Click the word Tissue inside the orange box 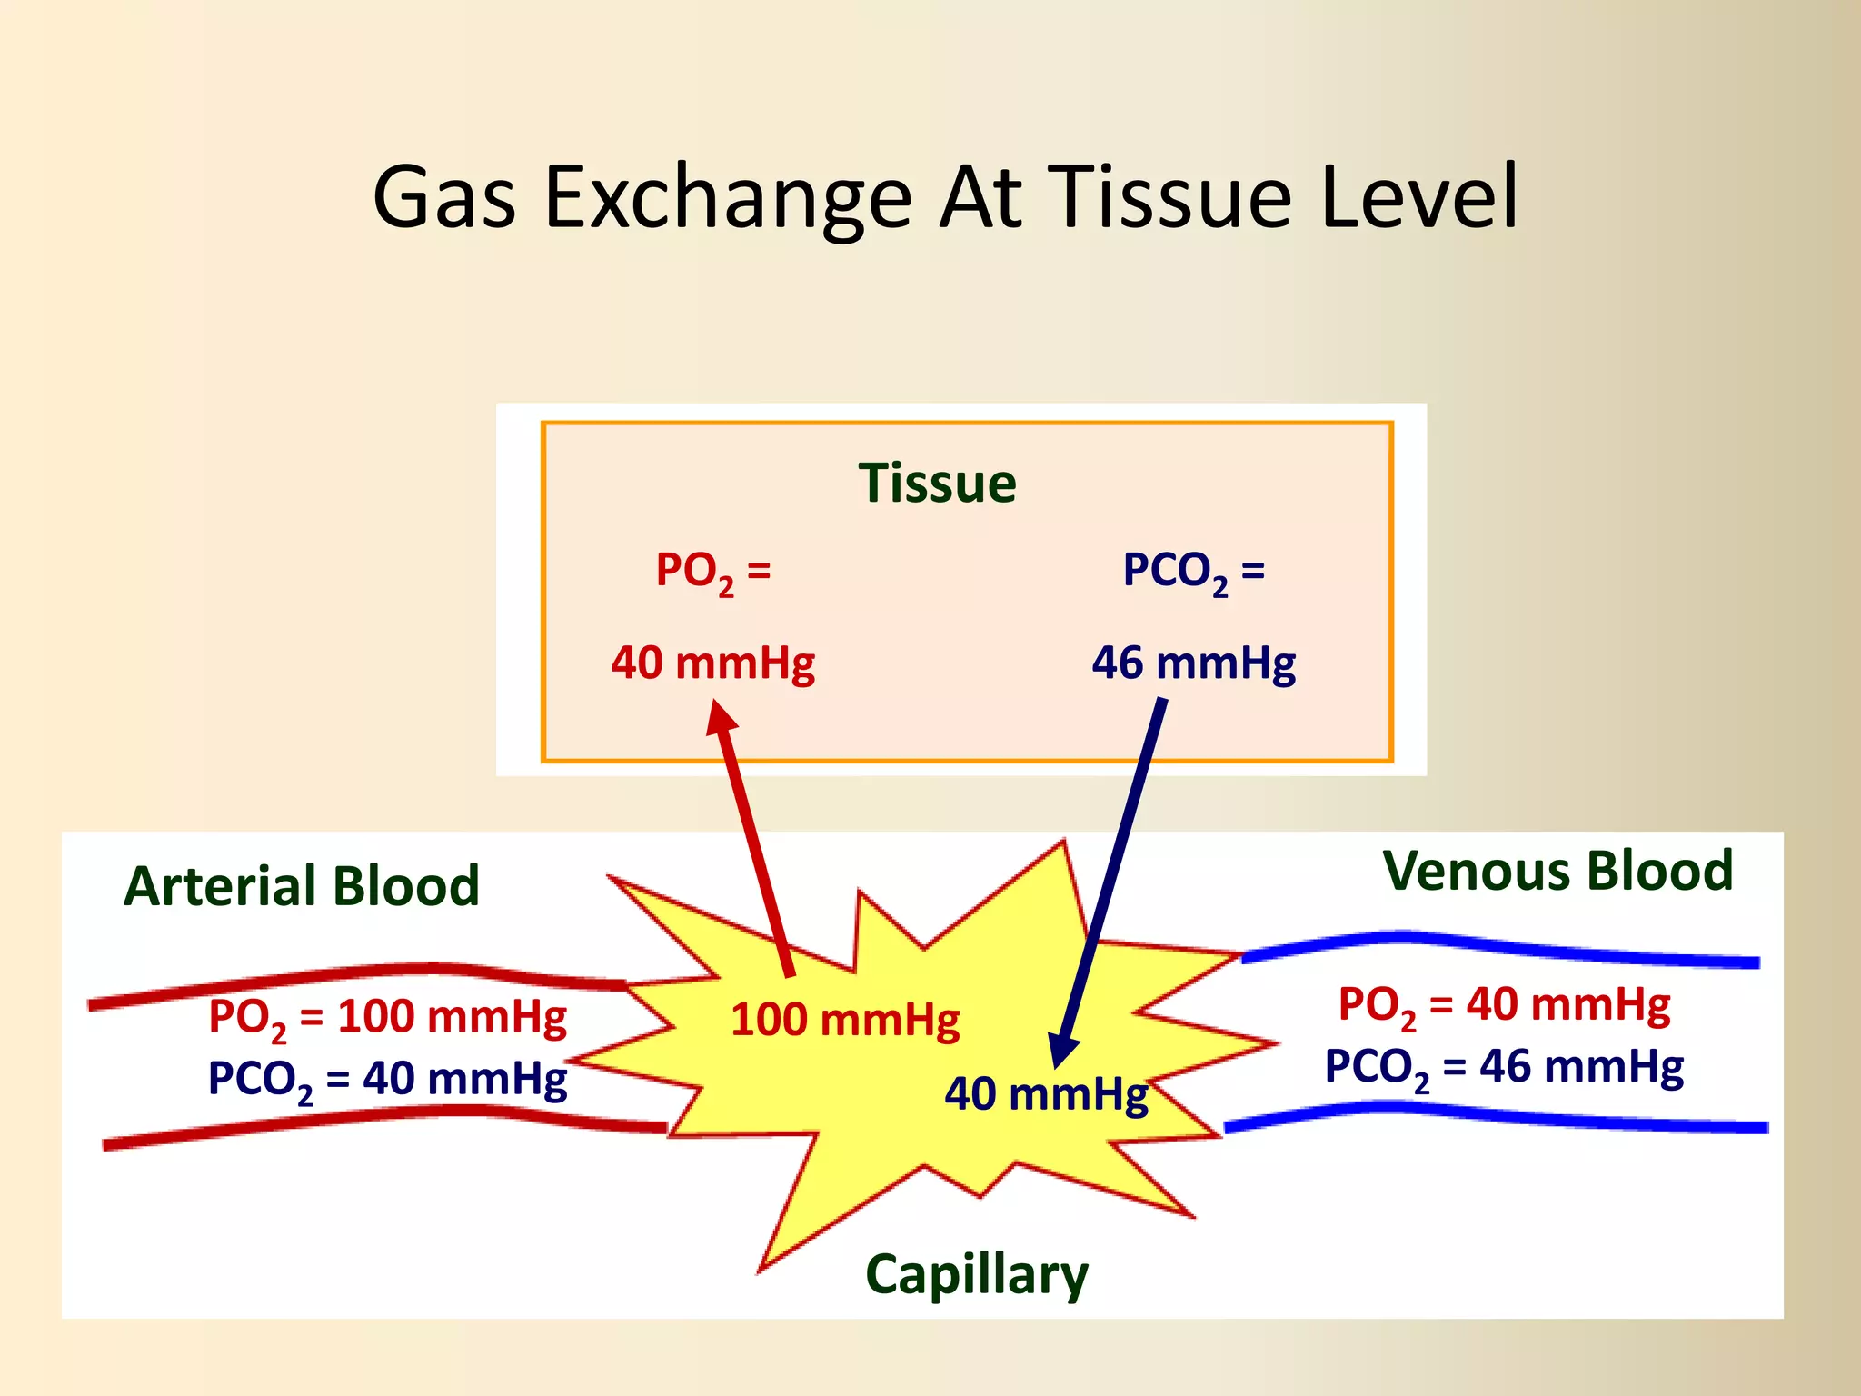click(937, 483)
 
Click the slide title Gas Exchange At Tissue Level click(945, 197)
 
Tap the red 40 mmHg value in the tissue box click(712, 663)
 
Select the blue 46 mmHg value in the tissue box click(1193, 663)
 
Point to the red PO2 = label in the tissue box click(712, 573)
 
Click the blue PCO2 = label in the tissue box click(1193, 573)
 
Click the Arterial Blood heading click(302, 886)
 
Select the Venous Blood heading click(1557, 871)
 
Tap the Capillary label click(977, 1274)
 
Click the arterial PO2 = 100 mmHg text click(387, 1017)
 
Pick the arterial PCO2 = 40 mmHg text click(387, 1080)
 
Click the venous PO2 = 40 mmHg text click(1504, 1005)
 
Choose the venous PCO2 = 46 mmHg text click(1504, 1067)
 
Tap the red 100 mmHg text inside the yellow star click(845, 1019)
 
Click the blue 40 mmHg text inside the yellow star click(1046, 1094)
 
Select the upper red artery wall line click(363, 977)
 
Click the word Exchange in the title click(728, 197)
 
